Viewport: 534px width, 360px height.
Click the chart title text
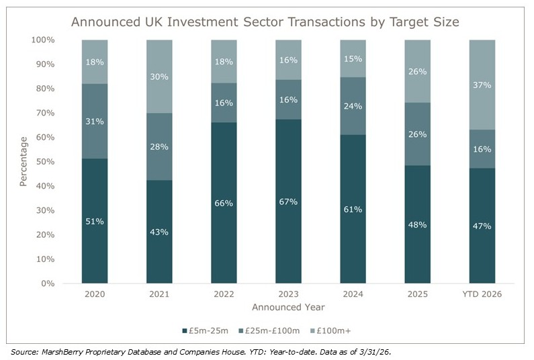tap(265, 21)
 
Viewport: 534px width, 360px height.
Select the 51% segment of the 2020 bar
tap(95, 221)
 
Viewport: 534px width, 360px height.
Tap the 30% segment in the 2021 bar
tap(159, 77)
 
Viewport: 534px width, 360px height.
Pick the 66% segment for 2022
tap(224, 203)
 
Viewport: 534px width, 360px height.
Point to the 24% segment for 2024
tap(353, 106)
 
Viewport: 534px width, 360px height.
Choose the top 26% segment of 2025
tap(417, 71)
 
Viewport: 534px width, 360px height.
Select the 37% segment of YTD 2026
tap(482, 85)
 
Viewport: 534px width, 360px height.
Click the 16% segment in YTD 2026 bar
tap(482, 148)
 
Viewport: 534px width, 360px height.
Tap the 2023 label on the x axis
tap(288, 295)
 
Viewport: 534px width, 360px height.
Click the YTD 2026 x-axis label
tap(482, 295)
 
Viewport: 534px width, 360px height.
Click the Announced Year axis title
tap(288, 308)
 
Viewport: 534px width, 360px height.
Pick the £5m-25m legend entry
tap(206, 330)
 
